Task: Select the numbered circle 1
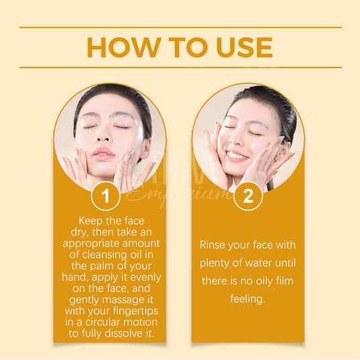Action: [106, 196]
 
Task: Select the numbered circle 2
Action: [248, 196]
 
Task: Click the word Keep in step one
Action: [91, 221]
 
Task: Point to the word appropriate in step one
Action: [91, 244]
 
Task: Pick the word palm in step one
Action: [101, 266]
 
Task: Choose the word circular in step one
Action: [102, 322]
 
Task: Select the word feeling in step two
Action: [248, 299]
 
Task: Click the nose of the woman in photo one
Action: [103, 136]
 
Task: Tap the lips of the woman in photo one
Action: [103, 154]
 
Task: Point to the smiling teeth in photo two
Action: [236, 155]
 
